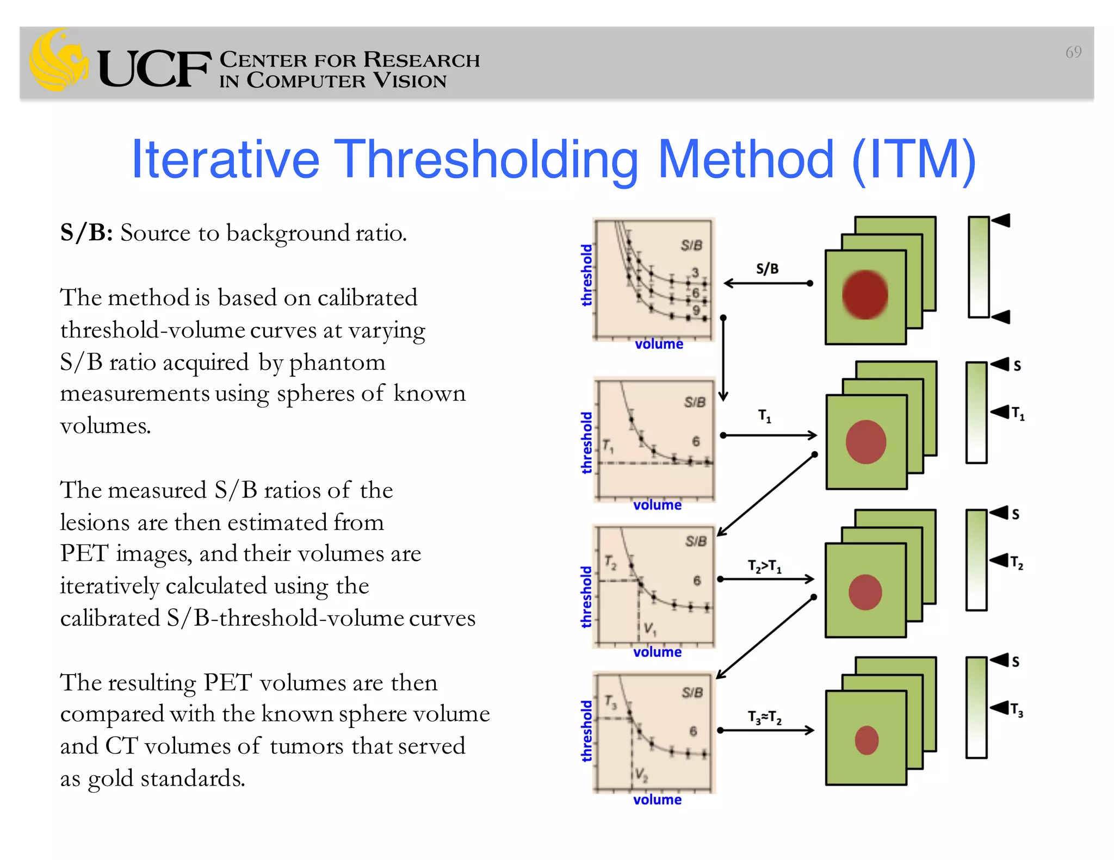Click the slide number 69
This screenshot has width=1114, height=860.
tap(1073, 52)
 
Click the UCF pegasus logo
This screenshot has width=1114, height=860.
tap(59, 61)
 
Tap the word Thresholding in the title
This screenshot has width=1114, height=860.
tap(486, 160)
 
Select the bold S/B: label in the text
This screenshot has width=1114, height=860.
tap(86, 233)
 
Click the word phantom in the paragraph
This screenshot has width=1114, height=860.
tap(337, 363)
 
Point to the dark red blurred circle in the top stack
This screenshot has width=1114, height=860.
tap(865, 295)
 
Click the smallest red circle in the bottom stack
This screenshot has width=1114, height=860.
tap(867, 740)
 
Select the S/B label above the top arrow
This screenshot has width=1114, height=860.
tap(767, 269)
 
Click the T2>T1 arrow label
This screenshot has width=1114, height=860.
tap(764, 566)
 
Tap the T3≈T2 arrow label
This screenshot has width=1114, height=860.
tap(764, 718)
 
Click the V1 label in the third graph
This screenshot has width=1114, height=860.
tap(649, 629)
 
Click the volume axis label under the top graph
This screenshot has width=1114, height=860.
tap(659, 344)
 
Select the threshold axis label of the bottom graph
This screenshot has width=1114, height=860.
tap(586, 731)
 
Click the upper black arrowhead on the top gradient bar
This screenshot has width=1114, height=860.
tap(1001, 221)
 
